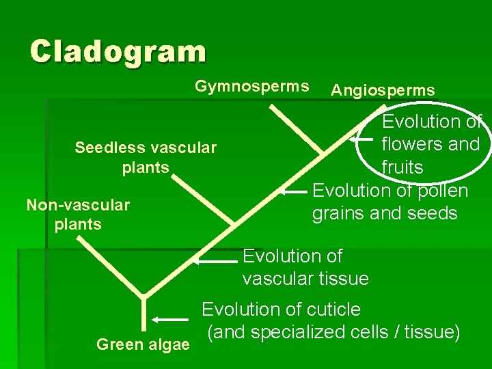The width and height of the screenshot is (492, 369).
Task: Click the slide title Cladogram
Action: pyautogui.click(x=118, y=51)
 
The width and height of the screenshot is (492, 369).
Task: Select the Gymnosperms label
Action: pyautogui.click(x=251, y=87)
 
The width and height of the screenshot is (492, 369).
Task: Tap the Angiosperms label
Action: pyautogui.click(x=382, y=90)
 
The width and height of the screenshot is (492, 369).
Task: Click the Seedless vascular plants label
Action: pyautogui.click(x=146, y=157)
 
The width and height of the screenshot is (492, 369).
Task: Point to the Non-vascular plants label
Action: pyautogui.click(x=77, y=214)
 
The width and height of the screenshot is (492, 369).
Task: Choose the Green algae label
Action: pyautogui.click(x=143, y=344)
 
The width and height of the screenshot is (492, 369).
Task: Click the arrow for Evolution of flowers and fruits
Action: pyautogui.click(x=362, y=139)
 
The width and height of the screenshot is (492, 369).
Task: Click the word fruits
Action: pyautogui.click(x=402, y=167)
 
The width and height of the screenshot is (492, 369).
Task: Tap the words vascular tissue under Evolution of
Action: pyautogui.click(x=305, y=279)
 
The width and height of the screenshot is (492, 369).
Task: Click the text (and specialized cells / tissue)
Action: pyautogui.click(x=333, y=333)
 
